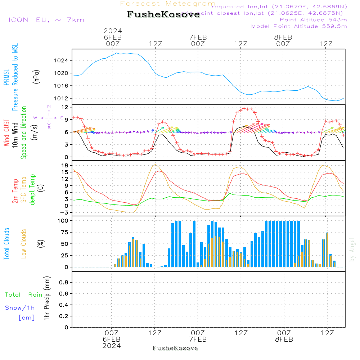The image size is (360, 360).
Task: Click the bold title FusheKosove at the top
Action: [x=163, y=15]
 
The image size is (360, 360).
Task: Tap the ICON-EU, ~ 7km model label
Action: [x=46, y=20]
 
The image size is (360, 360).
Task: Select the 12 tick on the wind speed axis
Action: [x=65, y=107]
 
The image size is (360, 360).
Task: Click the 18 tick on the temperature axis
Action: [x=65, y=165]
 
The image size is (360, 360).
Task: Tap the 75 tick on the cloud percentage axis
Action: [x=65, y=232]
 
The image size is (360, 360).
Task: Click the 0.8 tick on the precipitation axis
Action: [x=63, y=283]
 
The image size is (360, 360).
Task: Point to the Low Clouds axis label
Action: [x=24, y=243]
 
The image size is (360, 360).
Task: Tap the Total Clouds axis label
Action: [x=7, y=243]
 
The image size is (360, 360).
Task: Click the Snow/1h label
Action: [x=20, y=308]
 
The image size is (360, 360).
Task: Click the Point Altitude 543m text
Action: [x=313, y=20]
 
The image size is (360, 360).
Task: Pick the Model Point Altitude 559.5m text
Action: [x=299, y=26]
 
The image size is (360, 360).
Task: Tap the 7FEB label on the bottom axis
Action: [x=198, y=339]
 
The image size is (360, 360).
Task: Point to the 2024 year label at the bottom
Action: [x=112, y=346]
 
